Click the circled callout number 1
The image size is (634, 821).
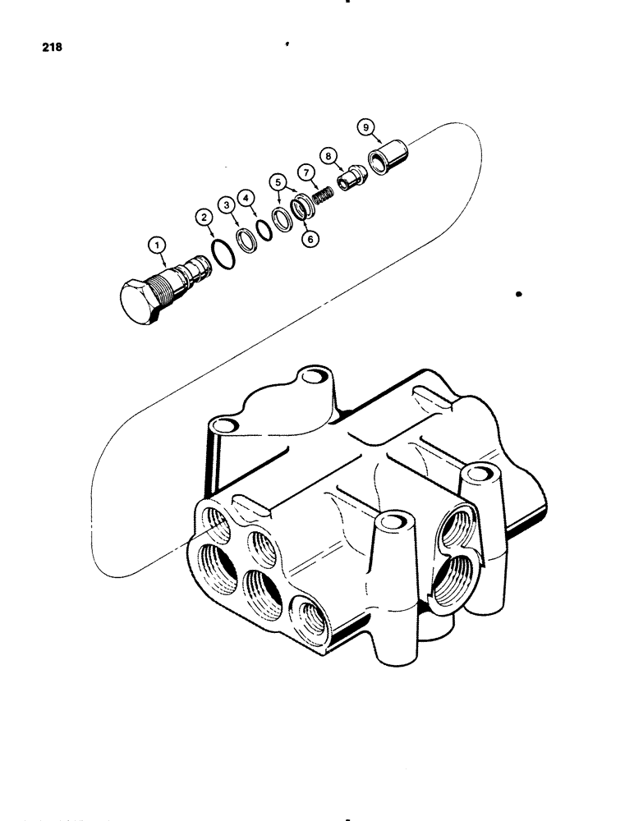click(x=155, y=244)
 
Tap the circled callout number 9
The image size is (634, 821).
click(x=365, y=126)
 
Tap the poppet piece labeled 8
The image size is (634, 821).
click(x=352, y=179)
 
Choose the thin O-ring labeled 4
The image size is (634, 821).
click(x=264, y=231)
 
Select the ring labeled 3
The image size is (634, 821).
click(x=245, y=241)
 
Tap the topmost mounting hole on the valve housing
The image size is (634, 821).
click(x=312, y=377)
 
